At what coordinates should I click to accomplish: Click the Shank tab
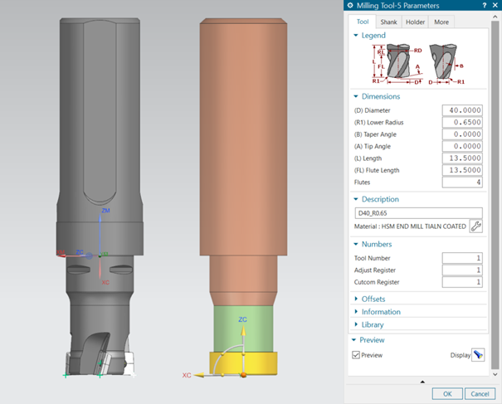click(x=388, y=22)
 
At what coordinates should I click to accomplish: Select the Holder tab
click(x=416, y=22)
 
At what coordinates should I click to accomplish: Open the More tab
click(x=441, y=22)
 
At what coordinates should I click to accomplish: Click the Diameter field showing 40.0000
click(x=463, y=110)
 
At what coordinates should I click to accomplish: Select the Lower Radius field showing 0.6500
click(x=463, y=122)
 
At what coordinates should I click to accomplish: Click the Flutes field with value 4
click(x=463, y=182)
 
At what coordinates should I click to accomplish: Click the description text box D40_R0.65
click(x=417, y=213)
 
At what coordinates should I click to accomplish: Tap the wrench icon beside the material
click(x=476, y=226)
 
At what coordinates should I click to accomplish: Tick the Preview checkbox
click(x=356, y=355)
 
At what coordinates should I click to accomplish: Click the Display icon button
click(x=478, y=355)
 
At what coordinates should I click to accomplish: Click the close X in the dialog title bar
click(x=495, y=6)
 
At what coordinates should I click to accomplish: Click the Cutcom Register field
click(x=463, y=282)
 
